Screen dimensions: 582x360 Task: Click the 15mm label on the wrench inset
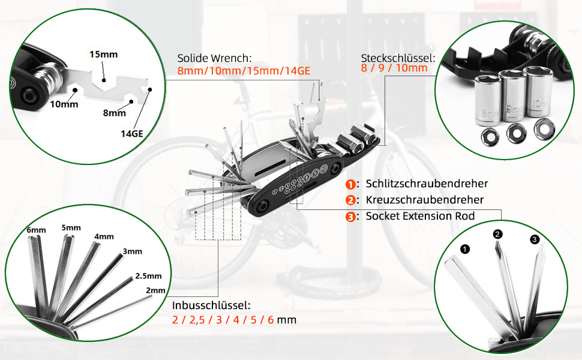(104, 55)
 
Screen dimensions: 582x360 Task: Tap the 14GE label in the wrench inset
(132, 134)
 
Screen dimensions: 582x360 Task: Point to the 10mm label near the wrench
(64, 104)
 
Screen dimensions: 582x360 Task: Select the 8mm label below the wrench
(115, 113)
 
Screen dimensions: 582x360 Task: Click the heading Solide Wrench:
(215, 58)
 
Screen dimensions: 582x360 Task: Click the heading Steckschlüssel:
(398, 58)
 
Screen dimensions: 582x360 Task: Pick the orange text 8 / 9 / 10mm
(394, 68)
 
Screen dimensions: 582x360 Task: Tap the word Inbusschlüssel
(210, 305)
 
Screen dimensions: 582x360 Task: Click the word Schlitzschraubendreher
(427, 184)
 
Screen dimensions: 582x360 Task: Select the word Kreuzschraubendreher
(425, 200)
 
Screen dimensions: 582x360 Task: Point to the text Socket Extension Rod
(420, 216)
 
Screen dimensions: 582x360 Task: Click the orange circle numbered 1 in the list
(350, 184)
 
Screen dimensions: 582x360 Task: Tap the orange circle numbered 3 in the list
(350, 217)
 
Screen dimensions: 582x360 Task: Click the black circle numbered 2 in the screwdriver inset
(498, 234)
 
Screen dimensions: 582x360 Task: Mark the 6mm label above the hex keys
(37, 230)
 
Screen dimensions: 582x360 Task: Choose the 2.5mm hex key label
(148, 276)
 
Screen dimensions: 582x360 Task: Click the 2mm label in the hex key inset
(155, 290)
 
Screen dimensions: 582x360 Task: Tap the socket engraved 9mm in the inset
(513, 95)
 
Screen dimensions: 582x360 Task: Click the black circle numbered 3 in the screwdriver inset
(534, 239)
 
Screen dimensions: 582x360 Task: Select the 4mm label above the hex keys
(104, 237)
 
